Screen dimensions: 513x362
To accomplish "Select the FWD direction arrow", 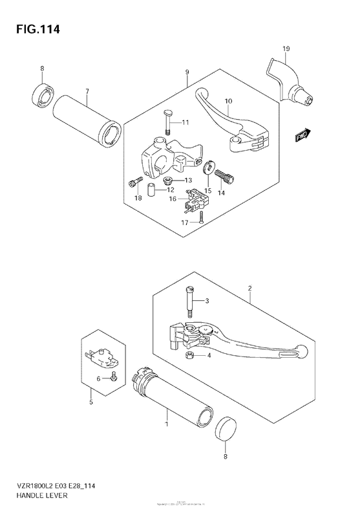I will [303, 135].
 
